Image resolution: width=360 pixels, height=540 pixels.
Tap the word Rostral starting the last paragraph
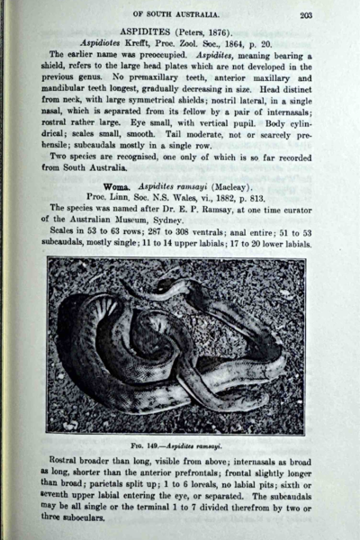[68, 464]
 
